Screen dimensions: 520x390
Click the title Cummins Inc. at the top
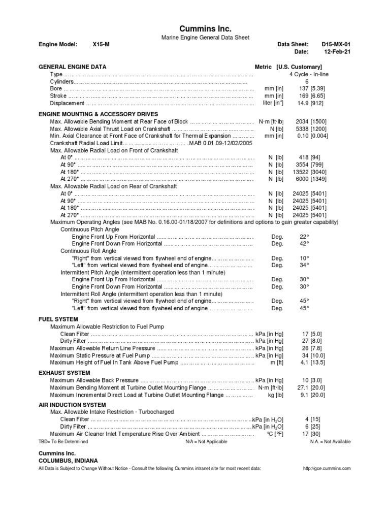[x=206, y=29]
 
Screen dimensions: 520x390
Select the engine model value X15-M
[x=101, y=45]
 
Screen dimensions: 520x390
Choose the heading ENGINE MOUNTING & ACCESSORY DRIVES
[x=99, y=114]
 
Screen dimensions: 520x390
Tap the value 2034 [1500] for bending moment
[x=312, y=122]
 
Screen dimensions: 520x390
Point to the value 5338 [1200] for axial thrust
[x=312, y=129]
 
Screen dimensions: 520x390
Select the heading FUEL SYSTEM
[x=59, y=319]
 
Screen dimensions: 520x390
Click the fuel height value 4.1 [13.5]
[x=312, y=363]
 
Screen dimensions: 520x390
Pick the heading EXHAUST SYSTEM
[x=64, y=373]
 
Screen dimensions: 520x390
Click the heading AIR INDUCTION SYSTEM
[x=73, y=405]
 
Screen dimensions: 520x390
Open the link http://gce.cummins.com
[x=327, y=468]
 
